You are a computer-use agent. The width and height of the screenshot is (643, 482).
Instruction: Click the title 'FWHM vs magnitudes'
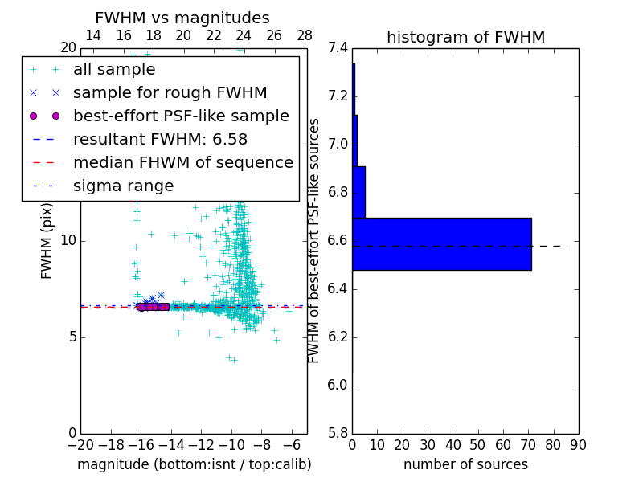point(182,18)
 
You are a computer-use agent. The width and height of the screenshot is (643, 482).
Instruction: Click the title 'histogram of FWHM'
point(465,37)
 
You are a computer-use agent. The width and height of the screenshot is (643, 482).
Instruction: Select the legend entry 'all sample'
point(114,70)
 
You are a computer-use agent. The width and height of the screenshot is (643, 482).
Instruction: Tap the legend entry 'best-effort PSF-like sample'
point(181,116)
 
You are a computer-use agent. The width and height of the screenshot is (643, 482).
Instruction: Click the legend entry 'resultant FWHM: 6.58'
point(160,140)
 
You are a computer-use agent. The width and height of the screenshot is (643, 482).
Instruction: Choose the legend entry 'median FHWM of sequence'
point(182,163)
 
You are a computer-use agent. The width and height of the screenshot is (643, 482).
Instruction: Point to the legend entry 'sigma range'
point(123,186)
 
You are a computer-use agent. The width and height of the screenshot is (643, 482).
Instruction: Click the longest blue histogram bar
point(441,243)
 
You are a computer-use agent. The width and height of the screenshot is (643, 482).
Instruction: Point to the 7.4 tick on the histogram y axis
point(338,48)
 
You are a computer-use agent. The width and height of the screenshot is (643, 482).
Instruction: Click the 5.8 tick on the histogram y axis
point(338,434)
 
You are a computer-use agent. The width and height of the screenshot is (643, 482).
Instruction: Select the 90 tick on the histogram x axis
point(579,444)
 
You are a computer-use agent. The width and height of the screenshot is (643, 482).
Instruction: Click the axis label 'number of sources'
point(465,464)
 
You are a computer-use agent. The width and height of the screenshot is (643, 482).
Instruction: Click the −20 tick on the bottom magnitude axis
point(80,444)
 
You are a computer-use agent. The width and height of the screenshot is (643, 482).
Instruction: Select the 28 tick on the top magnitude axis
point(305,36)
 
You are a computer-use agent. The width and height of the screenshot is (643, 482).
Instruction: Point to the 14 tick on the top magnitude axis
point(93,36)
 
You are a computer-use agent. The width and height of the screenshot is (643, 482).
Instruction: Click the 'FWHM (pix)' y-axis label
point(47,241)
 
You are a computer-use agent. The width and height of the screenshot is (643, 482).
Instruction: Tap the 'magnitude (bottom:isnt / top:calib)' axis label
point(194,464)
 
